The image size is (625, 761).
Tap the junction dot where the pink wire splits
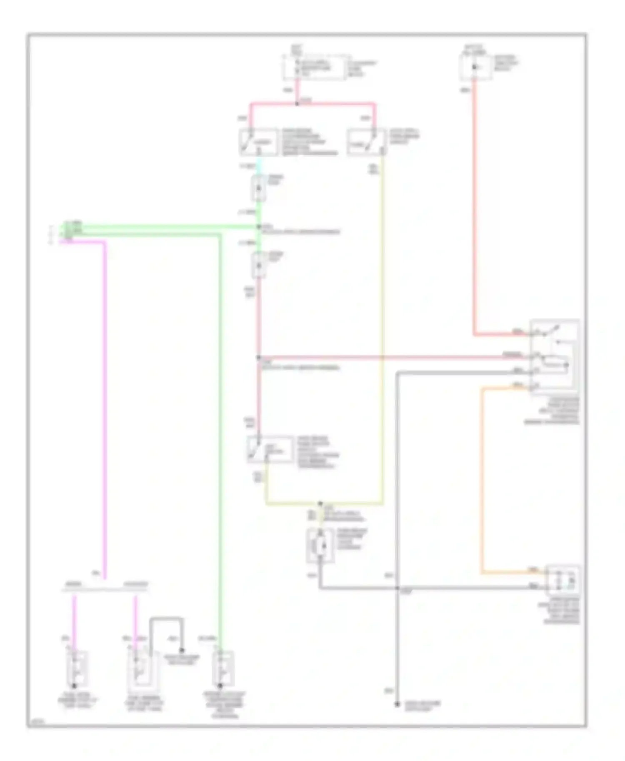297,103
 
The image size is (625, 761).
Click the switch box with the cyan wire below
258,142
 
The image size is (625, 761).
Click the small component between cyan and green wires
258,188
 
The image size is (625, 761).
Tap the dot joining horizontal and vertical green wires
258,227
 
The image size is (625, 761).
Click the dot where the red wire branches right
258,357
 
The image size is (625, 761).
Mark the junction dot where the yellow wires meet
320,503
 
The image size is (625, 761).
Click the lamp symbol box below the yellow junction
320,545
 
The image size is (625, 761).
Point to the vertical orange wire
482,479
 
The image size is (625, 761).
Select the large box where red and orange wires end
554,356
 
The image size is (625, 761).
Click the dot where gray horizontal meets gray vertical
397,588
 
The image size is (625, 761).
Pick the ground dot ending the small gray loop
182,650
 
